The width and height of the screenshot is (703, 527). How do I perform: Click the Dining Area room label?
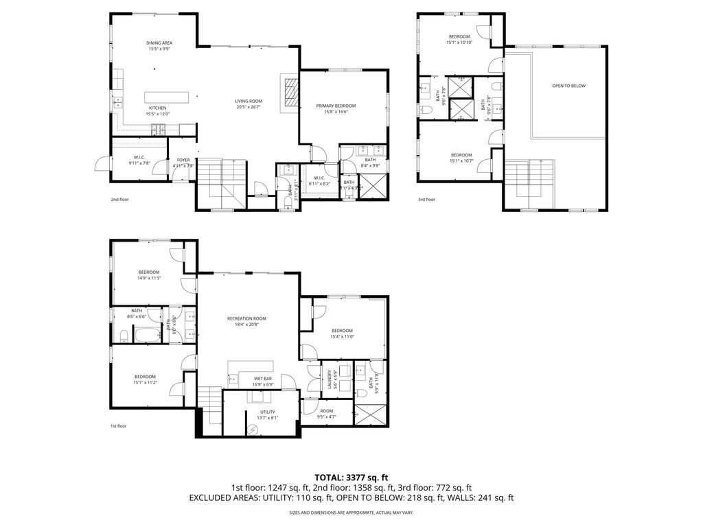click(159, 43)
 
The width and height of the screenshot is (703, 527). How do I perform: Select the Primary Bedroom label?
click(336, 106)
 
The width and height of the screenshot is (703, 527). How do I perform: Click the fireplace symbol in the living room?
click(292, 91)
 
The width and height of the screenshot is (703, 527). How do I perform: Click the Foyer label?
click(183, 160)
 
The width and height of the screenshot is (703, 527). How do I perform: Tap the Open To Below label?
click(568, 86)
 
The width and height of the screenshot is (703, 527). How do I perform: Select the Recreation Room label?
click(246, 318)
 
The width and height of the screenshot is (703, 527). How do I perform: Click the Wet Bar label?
click(262, 378)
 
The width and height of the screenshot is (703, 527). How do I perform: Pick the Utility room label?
click(268, 412)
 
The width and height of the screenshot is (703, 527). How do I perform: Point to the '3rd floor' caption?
click(426, 200)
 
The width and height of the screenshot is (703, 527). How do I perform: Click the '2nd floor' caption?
click(119, 200)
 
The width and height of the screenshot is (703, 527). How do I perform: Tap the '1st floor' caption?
click(119, 426)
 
